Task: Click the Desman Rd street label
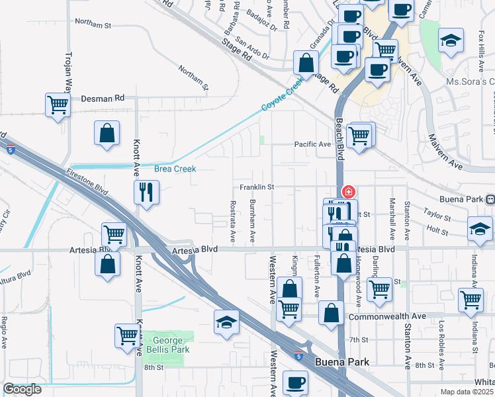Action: (103, 98)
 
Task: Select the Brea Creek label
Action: (175, 169)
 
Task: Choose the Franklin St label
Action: (257, 187)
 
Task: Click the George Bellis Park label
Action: (168, 345)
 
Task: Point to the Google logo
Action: (22, 389)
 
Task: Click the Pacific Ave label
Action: (312, 144)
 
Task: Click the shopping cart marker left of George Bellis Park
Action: (127, 335)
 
